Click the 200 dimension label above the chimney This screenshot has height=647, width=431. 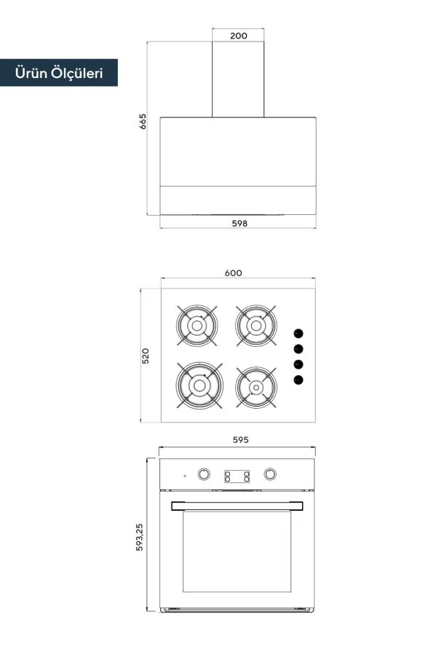(x=238, y=36)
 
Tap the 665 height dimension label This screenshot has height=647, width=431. (x=143, y=121)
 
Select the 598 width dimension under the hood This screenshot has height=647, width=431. (x=240, y=223)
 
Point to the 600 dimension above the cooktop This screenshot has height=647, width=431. (x=234, y=272)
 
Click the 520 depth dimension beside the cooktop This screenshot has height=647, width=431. (x=145, y=356)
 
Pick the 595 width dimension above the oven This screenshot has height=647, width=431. (x=240, y=440)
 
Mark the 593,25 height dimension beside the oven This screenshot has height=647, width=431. (x=139, y=537)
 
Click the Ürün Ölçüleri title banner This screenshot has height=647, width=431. (x=59, y=73)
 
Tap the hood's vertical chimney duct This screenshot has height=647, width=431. (x=238, y=79)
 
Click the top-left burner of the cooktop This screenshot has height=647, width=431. (x=197, y=326)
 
